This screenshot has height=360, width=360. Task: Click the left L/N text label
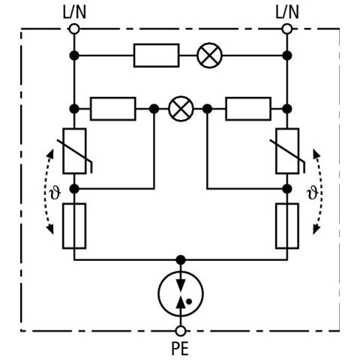(x=74, y=12)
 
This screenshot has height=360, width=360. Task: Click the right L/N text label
(x=287, y=12)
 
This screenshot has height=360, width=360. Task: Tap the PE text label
(x=180, y=349)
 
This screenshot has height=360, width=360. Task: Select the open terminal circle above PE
(x=181, y=331)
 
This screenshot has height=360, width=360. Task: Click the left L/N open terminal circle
(x=74, y=28)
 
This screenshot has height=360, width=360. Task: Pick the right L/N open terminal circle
(x=287, y=28)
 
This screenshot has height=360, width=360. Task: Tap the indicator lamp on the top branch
(x=209, y=55)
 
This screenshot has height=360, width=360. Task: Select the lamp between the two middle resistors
(x=181, y=109)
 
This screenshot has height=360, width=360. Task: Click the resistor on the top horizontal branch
(x=157, y=55)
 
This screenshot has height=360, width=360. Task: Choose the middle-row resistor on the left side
(x=113, y=109)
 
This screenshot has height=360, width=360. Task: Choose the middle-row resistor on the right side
(x=248, y=109)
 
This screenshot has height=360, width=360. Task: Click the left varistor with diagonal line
(x=75, y=151)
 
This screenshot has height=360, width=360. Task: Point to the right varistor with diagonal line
(x=287, y=151)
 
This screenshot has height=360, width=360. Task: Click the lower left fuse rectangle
(x=74, y=226)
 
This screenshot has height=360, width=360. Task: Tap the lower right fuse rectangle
(x=287, y=226)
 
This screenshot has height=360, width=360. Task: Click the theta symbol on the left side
(x=55, y=193)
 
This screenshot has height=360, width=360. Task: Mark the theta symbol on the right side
(x=313, y=193)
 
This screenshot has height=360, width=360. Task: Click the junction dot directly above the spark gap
(x=181, y=260)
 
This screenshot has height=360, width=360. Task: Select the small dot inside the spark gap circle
(x=189, y=301)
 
